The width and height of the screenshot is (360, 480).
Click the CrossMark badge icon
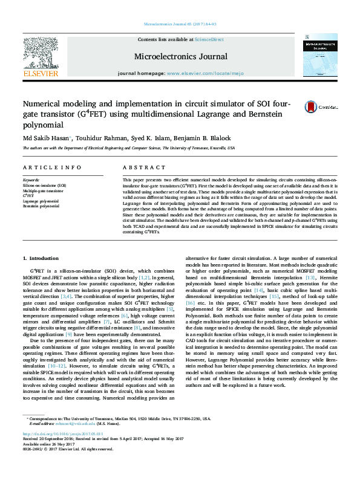[x=312, y=106]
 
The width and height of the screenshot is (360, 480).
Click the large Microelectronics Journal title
[x=181, y=57]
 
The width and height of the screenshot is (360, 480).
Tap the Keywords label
[x=31, y=180]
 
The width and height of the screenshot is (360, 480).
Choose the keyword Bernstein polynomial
[x=41, y=206]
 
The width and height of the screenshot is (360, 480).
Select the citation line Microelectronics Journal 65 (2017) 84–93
[x=180, y=24]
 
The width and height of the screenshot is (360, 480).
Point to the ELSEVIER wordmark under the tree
[x=40, y=74]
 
